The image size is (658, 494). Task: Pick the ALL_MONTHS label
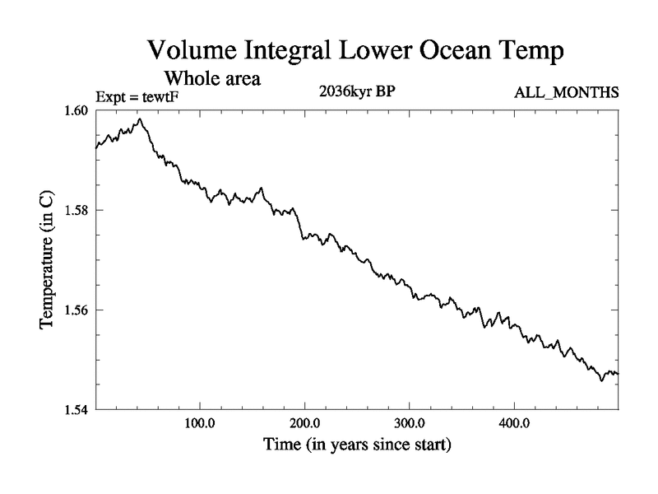pyautogui.click(x=566, y=92)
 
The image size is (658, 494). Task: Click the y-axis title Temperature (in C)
pyautogui.click(x=47, y=259)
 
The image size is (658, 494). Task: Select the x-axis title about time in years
pyautogui.click(x=357, y=445)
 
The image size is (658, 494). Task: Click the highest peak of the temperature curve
pyautogui.click(x=141, y=119)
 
